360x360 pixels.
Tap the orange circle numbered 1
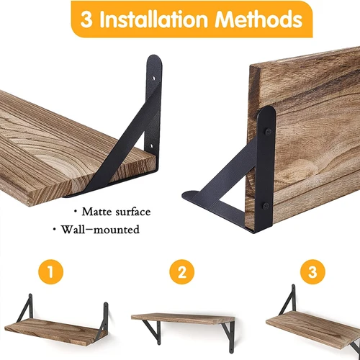[x=50, y=273]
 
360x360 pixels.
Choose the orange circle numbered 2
[x=182, y=273]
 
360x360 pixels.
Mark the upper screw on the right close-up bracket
[x=268, y=132]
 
